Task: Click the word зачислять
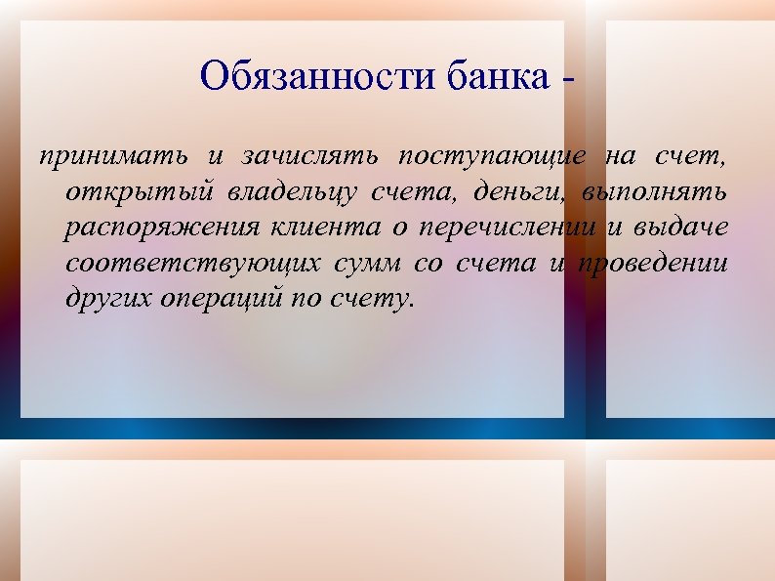[311, 156]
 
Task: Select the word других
[102, 299]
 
